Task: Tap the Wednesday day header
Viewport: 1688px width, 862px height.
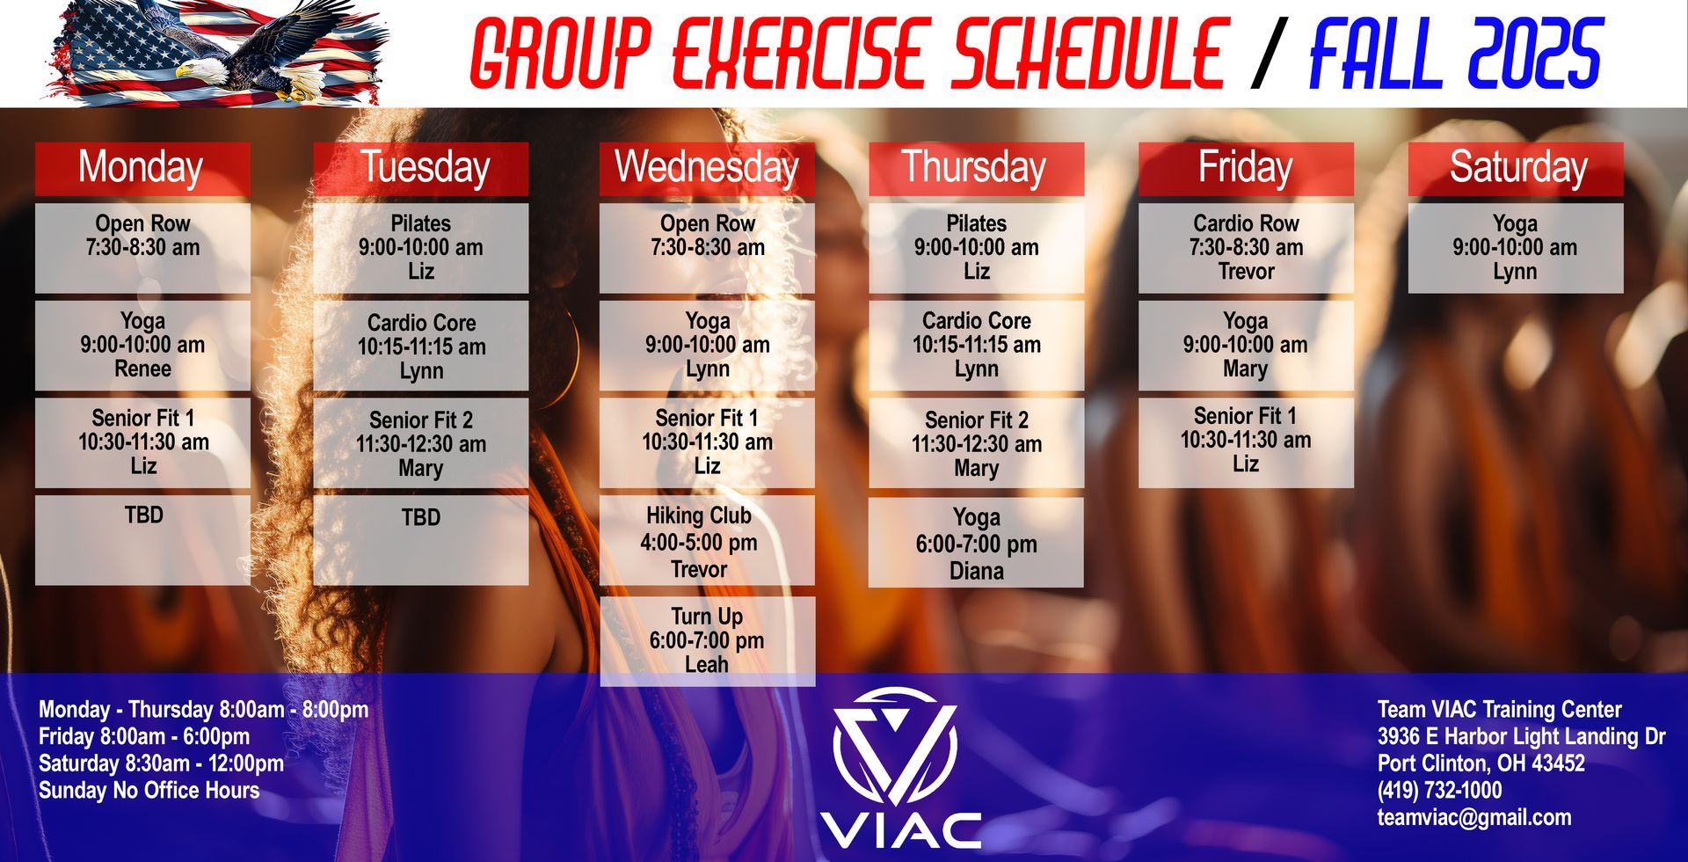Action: click(707, 168)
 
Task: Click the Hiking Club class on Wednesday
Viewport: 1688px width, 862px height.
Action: click(707, 541)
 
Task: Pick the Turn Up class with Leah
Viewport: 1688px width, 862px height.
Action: click(707, 640)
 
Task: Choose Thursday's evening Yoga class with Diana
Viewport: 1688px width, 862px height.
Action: click(976, 544)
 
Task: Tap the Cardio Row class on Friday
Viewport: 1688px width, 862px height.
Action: click(1246, 247)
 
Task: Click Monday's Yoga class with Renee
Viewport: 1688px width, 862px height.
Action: click(142, 345)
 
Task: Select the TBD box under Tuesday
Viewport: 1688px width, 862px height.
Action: click(420, 539)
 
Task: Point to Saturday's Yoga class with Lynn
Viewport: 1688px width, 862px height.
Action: click(1516, 247)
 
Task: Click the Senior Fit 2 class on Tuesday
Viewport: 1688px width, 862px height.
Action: click(420, 443)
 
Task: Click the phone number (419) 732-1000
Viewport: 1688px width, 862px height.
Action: click(1439, 790)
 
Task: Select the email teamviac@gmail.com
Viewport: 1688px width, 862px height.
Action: click(1473, 817)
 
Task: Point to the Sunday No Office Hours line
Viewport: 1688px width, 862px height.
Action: click(149, 790)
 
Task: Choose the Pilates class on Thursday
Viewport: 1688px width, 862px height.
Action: click(976, 247)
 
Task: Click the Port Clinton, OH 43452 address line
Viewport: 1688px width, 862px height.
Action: click(1481, 763)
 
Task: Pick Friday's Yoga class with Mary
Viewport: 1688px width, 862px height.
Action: click(1246, 345)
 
